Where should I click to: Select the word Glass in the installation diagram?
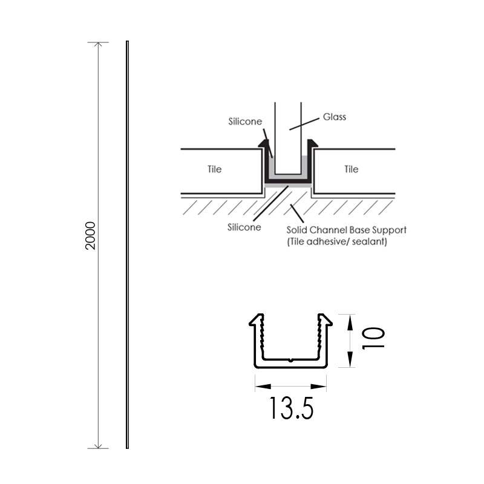[x=335, y=117]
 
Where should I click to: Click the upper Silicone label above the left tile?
[x=245, y=121]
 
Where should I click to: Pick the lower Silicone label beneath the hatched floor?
[x=244, y=227]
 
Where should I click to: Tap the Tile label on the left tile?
[x=214, y=169]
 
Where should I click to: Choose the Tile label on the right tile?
[x=351, y=169]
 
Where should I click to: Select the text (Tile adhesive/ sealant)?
[x=336, y=241]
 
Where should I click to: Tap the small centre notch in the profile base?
[x=291, y=360]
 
